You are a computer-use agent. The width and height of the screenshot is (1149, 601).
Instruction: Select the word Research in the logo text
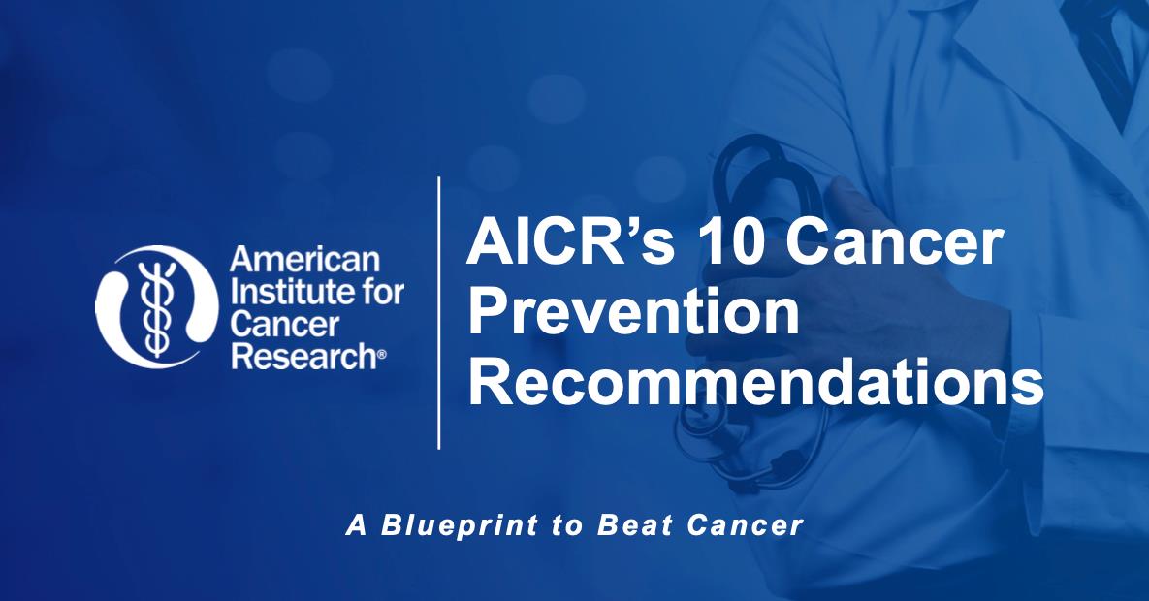300,356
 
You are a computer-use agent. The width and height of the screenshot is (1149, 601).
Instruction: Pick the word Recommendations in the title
755,384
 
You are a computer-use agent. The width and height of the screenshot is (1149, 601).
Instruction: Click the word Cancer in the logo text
272,325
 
